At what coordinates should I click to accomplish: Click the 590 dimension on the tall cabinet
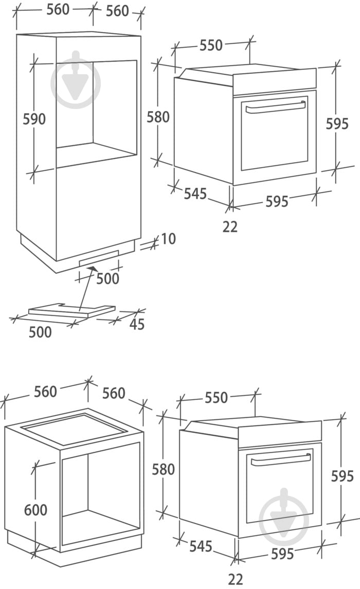click(x=34, y=119)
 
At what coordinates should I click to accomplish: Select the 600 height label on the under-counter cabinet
click(x=35, y=510)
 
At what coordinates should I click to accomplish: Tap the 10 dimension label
click(x=168, y=239)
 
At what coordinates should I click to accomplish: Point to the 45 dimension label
click(x=136, y=325)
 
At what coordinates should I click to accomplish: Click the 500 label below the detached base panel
click(x=40, y=332)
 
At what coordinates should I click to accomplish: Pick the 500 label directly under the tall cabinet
click(x=107, y=278)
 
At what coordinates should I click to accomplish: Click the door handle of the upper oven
click(x=275, y=106)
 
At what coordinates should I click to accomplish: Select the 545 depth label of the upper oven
click(x=195, y=194)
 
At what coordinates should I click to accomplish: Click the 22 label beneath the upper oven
click(x=230, y=226)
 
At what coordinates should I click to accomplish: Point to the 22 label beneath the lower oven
click(x=235, y=579)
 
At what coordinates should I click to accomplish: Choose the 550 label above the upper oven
click(x=211, y=45)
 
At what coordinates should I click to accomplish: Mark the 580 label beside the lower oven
click(x=164, y=469)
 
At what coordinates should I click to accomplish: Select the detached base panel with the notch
click(x=72, y=310)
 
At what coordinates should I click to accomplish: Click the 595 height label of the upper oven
click(x=337, y=123)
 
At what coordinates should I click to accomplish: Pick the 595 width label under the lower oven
click(x=282, y=554)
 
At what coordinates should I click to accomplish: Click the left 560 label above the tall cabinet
click(x=58, y=10)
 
